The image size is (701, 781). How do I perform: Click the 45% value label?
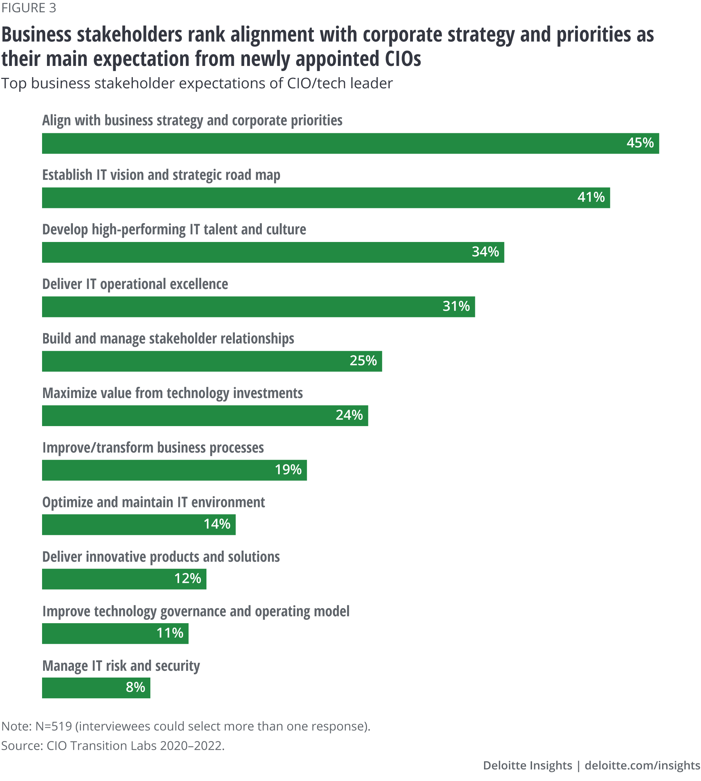[x=640, y=143]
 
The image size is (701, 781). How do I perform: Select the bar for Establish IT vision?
[x=326, y=198]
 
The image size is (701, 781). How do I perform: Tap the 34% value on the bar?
[x=485, y=252]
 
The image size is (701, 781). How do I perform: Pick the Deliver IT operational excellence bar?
[x=258, y=307]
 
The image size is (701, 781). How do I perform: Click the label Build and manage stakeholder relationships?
[x=168, y=339]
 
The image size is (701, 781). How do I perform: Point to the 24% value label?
[x=349, y=415]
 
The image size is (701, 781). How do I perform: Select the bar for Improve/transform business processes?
[x=174, y=470]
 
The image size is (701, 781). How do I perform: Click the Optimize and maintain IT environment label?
[x=153, y=503]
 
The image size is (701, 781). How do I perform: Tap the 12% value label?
[x=188, y=579]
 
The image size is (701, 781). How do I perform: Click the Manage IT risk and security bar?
[x=96, y=688]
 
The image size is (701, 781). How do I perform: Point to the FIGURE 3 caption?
[x=29, y=8]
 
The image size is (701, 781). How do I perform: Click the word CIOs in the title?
[x=402, y=59]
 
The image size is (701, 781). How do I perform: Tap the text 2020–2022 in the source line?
[x=191, y=746]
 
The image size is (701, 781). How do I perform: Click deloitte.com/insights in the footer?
[x=642, y=765]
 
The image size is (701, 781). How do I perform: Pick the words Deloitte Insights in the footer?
[x=527, y=765]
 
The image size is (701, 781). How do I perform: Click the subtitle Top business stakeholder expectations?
[x=196, y=83]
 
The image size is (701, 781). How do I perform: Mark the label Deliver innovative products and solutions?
[x=161, y=557]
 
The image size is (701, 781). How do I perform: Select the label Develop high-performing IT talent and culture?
[x=174, y=230]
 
